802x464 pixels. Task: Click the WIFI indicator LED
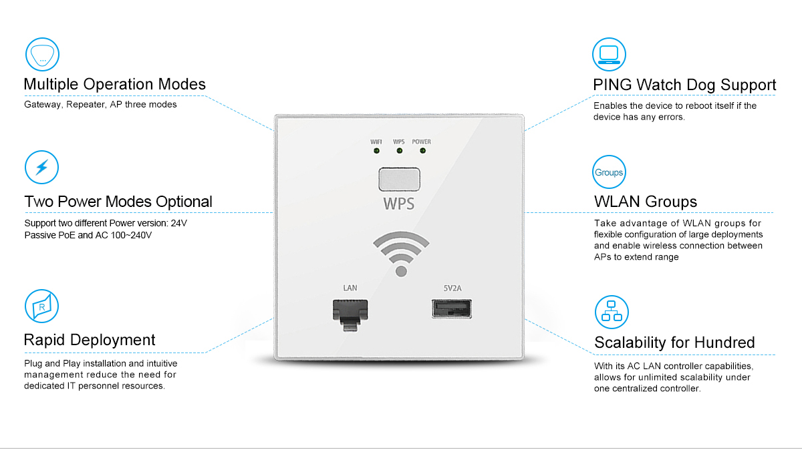coord(377,151)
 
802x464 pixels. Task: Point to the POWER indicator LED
coord(422,150)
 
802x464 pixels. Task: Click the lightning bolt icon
coord(42,168)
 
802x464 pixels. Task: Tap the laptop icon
coord(610,54)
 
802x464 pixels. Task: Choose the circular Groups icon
coord(609,172)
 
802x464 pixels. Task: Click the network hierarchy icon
coord(611,311)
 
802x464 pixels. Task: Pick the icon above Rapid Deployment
coord(41,306)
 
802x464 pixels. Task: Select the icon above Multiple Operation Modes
coord(42,55)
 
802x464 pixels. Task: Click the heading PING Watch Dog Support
coord(684,85)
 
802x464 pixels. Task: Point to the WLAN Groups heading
coord(645,202)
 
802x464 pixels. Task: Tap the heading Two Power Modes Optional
coord(118,202)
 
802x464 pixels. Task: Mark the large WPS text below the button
coord(398,202)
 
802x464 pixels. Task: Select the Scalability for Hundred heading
coord(674,342)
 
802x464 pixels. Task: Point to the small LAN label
coord(350,288)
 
